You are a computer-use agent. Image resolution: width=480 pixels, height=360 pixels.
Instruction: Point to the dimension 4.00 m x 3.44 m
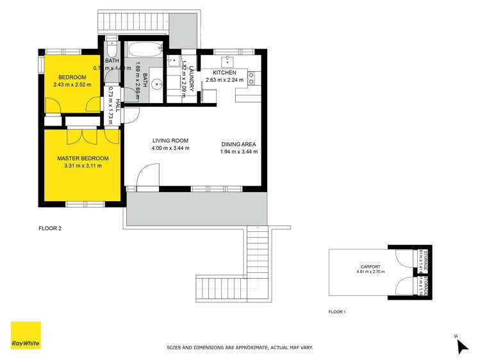(x=170, y=149)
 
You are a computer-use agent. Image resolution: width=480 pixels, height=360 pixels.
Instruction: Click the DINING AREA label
(x=239, y=145)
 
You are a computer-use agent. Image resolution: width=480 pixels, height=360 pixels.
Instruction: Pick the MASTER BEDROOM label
(x=83, y=158)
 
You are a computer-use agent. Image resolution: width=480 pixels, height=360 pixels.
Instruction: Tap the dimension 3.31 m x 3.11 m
(x=83, y=166)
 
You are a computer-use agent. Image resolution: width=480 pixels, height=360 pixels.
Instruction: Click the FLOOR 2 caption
(x=49, y=227)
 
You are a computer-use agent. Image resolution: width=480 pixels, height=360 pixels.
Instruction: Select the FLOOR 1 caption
(x=337, y=312)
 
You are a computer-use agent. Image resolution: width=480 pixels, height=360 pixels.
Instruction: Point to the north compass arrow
(x=462, y=346)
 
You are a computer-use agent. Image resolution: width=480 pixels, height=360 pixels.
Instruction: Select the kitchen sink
(x=227, y=62)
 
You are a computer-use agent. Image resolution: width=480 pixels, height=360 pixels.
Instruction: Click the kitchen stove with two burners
(x=252, y=78)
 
